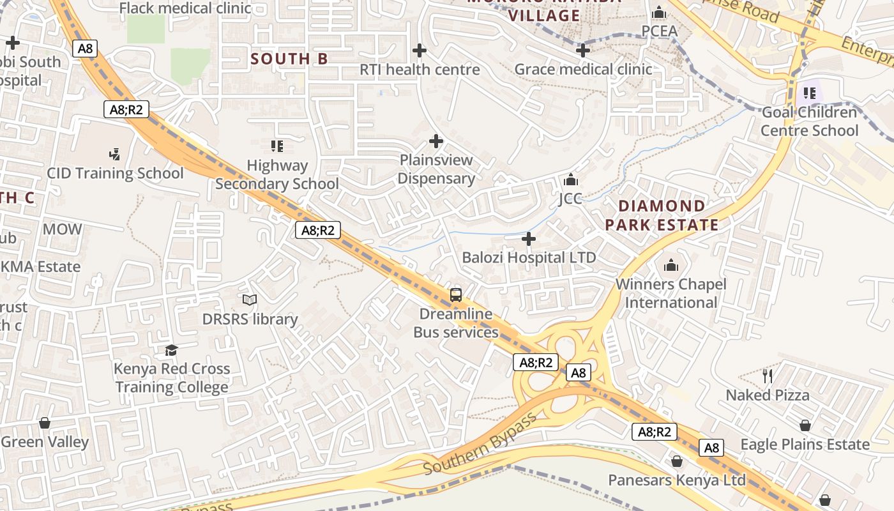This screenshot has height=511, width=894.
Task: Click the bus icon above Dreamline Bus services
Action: pyautogui.click(x=455, y=294)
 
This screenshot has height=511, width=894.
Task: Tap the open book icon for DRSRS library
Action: pyautogui.click(x=250, y=300)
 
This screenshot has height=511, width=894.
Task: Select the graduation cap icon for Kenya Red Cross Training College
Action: pyautogui.click(x=171, y=350)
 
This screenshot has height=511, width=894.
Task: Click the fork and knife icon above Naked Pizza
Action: pyautogui.click(x=768, y=376)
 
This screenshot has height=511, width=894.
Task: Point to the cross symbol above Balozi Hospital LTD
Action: pyautogui.click(x=529, y=239)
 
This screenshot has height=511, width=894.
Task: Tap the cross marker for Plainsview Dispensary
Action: pyautogui.click(x=436, y=141)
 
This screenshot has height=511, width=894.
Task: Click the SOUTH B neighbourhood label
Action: pyautogui.click(x=289, y=59)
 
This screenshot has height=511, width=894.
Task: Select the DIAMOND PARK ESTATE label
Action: pyautogui.click(x=662, y=215)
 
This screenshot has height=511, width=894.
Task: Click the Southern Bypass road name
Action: pyautogui.click(x=480, y=445)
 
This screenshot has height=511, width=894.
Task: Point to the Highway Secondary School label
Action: pyautogui.click(x=277, y=174)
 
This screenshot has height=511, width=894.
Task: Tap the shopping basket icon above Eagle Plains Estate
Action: pyautogui.click(x=805, y=425)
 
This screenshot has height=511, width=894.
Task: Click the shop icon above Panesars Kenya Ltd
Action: pyautogui.click(x=677, y=461)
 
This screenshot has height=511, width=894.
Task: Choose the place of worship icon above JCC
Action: pyautogui.click(x=571, y=179)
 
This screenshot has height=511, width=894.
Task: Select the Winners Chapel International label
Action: pyautogui.click(x=671, y=293)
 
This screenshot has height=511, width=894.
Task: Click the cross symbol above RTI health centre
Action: pyautogui.click(x=420, y=50)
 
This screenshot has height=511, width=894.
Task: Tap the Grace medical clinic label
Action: pyautogui.click(x=583, y=69)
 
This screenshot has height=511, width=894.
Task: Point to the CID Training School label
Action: pyautogui.click(x=115, y=173)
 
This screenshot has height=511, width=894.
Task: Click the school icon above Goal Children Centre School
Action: pyautogui.click(x=810, y=93)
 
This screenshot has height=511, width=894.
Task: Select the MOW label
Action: pyautogui.click(x=62, y=229)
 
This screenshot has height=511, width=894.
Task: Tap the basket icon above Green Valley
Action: pyautogui.click(x=45, y=423)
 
